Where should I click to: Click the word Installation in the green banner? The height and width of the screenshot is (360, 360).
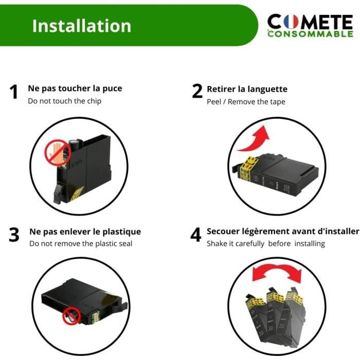coord(81,26)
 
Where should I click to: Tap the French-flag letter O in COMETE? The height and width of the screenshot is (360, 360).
coord(291,22)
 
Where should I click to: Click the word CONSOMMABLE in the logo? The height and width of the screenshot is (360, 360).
coord(310,34)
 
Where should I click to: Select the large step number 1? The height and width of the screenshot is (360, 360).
coord(14,92)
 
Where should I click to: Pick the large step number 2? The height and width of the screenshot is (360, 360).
coord(197,91)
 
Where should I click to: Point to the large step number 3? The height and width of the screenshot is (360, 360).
coord(14,235)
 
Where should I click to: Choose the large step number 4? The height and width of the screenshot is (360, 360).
coord(195,235)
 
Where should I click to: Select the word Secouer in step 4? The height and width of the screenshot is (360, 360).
coord(223,231)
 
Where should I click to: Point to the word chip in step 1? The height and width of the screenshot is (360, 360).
coord(94,101)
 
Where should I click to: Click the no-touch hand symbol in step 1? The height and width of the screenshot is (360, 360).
coord(58,152)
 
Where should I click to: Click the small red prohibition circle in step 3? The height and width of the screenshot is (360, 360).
coord(71,316)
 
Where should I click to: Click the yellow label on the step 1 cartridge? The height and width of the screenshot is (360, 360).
coord(77,193)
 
